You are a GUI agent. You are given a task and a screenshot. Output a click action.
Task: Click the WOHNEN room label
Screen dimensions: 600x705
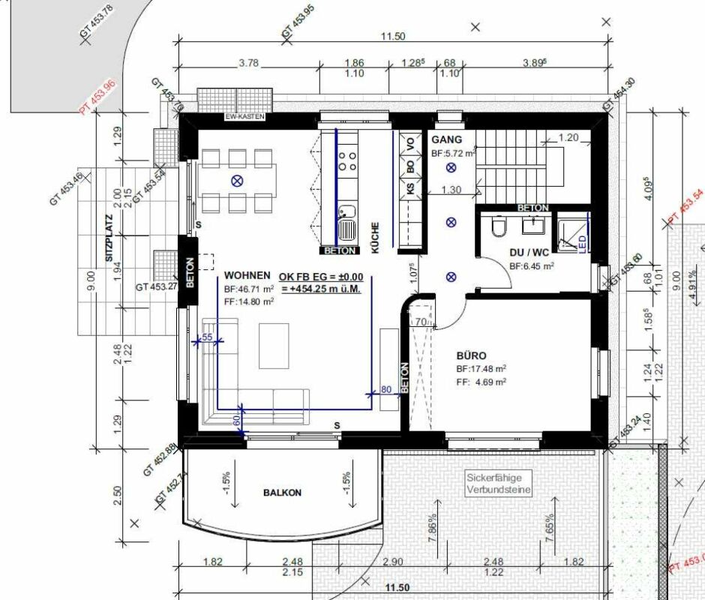point(247,276)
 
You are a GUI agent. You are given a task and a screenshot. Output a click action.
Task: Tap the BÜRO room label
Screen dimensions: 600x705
point(472,355)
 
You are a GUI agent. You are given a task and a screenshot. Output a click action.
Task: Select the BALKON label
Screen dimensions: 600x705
point(282,493)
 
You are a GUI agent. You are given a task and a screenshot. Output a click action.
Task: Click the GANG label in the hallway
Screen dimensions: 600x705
point(446,140)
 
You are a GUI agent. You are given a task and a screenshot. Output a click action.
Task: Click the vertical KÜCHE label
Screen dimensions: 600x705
point(374,238)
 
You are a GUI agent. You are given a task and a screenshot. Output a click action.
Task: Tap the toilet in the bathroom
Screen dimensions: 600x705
point(497,226)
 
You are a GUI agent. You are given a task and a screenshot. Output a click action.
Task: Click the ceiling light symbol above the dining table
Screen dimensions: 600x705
point(237,180)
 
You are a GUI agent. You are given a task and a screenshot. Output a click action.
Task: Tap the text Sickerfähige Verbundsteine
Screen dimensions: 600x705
point(498,484)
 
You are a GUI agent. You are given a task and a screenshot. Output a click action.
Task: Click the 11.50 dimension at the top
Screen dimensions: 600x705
point(393,36)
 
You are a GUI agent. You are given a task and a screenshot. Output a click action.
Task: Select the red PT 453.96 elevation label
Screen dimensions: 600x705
point(99,97)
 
